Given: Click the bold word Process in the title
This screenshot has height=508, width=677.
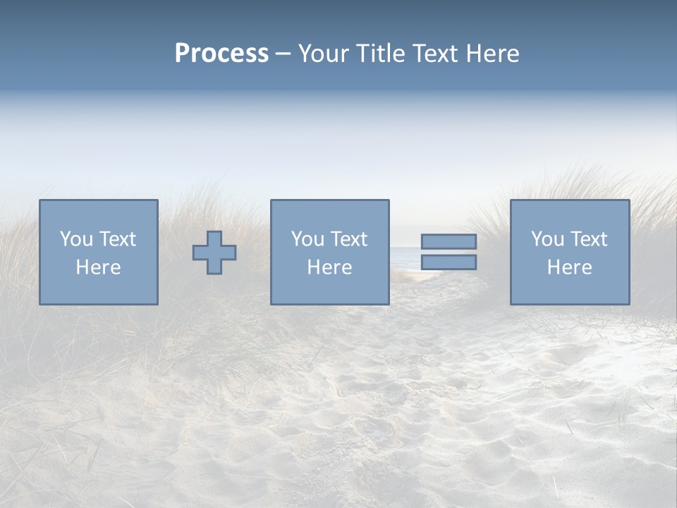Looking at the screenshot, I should coord(221,54).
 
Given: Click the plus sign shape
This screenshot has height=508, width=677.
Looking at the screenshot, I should coord(214,253).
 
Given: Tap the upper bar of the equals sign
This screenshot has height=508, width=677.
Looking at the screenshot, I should coord(449,241).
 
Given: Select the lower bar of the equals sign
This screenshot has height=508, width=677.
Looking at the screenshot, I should coord(449,262).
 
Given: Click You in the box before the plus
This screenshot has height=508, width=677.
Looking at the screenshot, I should coord(77,239).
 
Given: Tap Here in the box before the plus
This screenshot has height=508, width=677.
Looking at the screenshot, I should coord(98,267).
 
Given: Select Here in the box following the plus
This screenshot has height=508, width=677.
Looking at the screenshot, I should coord(329,267).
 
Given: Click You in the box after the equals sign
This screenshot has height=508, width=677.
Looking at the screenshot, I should coord(547,239).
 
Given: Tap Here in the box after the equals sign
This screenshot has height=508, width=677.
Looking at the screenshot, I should coord(569,267).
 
